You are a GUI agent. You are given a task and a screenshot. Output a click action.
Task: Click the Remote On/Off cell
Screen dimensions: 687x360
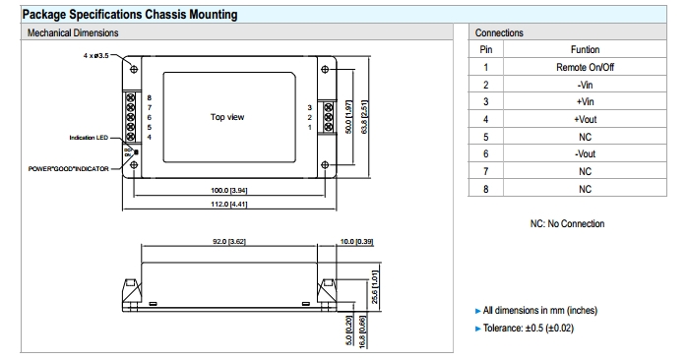[585, 67]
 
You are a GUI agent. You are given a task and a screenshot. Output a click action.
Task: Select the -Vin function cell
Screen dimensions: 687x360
[585, 85]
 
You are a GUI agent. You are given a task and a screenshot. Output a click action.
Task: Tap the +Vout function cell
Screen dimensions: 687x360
[585, 119]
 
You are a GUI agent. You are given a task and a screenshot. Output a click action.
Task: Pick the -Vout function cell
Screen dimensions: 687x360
[585, 153]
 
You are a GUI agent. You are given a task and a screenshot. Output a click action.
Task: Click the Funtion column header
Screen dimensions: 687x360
[585, 49]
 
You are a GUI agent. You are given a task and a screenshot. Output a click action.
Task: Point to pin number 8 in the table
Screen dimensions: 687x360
[485, 189]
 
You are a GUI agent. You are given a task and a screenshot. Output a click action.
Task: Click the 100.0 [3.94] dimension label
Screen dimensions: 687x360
[228, 191]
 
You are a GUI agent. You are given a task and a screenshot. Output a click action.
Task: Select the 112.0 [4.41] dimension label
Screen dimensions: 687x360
[228, 204]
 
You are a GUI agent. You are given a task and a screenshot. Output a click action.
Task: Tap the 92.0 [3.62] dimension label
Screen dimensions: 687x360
[228, 241]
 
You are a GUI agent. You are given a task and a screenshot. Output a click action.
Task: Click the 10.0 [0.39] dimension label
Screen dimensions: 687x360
[356, 241]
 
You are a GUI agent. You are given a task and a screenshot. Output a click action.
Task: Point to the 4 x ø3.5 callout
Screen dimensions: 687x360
[95, 56]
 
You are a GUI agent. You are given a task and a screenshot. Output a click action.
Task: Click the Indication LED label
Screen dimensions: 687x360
[89, 138]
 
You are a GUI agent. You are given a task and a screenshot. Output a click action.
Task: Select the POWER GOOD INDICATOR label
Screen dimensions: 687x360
[68, 168]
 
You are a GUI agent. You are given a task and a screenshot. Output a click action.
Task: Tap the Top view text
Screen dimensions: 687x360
[227, 117]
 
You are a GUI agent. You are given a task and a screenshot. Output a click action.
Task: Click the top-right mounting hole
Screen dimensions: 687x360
[325, 69]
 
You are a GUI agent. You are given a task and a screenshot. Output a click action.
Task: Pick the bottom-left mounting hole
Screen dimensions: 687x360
[134, 164]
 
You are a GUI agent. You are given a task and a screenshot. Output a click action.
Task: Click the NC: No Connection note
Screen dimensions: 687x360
[567, 224]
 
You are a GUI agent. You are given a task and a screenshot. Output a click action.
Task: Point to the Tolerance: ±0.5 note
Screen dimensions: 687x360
[528, 328]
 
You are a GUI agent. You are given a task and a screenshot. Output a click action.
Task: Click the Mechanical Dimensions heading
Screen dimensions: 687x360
[73, 32]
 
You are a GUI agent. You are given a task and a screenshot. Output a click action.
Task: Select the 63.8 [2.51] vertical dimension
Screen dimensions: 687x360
[364, 117]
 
